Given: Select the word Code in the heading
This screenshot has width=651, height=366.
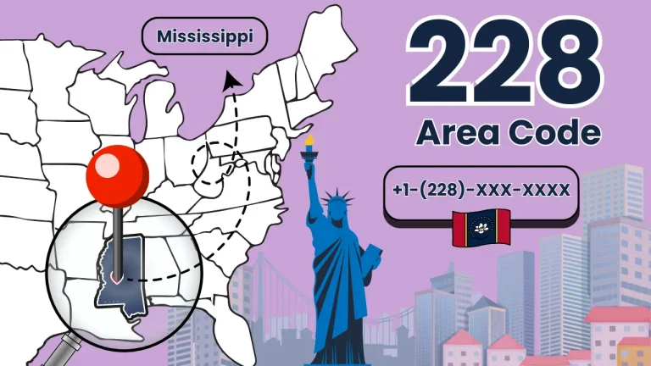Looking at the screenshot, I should [x=554, y=133].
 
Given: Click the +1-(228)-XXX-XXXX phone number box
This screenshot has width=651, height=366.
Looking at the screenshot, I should [x=481, y=190].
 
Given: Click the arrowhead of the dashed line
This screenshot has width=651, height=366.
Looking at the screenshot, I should [x=229, y=80].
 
